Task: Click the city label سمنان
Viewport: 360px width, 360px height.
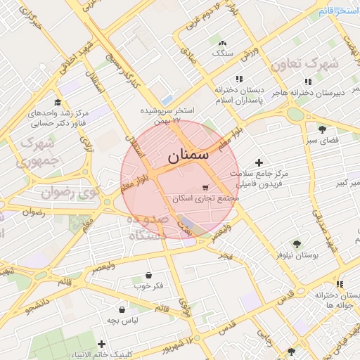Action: [x=188, y=155]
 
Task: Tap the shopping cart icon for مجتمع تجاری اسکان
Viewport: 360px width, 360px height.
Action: [x=205, y=188]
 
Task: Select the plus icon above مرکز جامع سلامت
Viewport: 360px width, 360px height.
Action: [x=259, y=162]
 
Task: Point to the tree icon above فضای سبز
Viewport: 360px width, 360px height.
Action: [x=322, y=129]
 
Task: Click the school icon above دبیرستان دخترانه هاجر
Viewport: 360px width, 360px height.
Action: [x=307, y=81]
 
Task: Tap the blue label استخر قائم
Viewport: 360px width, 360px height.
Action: [x=338, y=11]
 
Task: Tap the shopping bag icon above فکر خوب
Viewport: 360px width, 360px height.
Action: [x=148, y=276]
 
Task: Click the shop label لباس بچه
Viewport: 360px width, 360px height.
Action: [x=122, y=320]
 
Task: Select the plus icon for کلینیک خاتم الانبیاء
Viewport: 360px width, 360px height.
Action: [x=102, y=344]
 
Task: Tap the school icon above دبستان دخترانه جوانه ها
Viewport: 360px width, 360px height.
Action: [x=339, y=285]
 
